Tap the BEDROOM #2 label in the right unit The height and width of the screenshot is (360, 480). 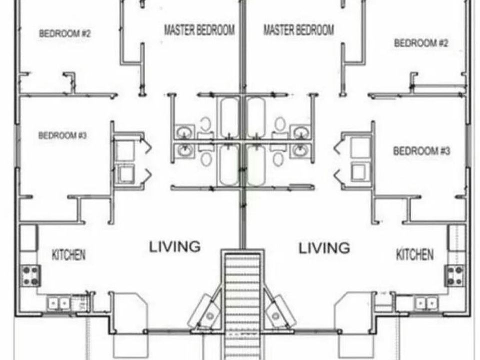point(421,43)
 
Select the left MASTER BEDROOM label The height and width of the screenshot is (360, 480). point(199,30)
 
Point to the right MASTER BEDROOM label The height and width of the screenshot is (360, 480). point(298,30)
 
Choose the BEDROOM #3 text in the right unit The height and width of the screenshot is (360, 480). point(422,150)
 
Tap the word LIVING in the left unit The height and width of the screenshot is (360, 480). point(175,246)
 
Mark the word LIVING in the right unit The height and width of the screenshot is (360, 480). point(324,247)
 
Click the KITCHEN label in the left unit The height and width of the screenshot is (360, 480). point(68,254)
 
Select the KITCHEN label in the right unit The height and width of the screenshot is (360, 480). point(414,254)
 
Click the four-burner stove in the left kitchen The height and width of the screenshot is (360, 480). point(30,275)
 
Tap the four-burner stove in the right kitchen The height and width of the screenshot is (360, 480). point(454,275)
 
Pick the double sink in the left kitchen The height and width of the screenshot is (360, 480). point(58,303)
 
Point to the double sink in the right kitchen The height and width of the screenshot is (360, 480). point(426,303)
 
